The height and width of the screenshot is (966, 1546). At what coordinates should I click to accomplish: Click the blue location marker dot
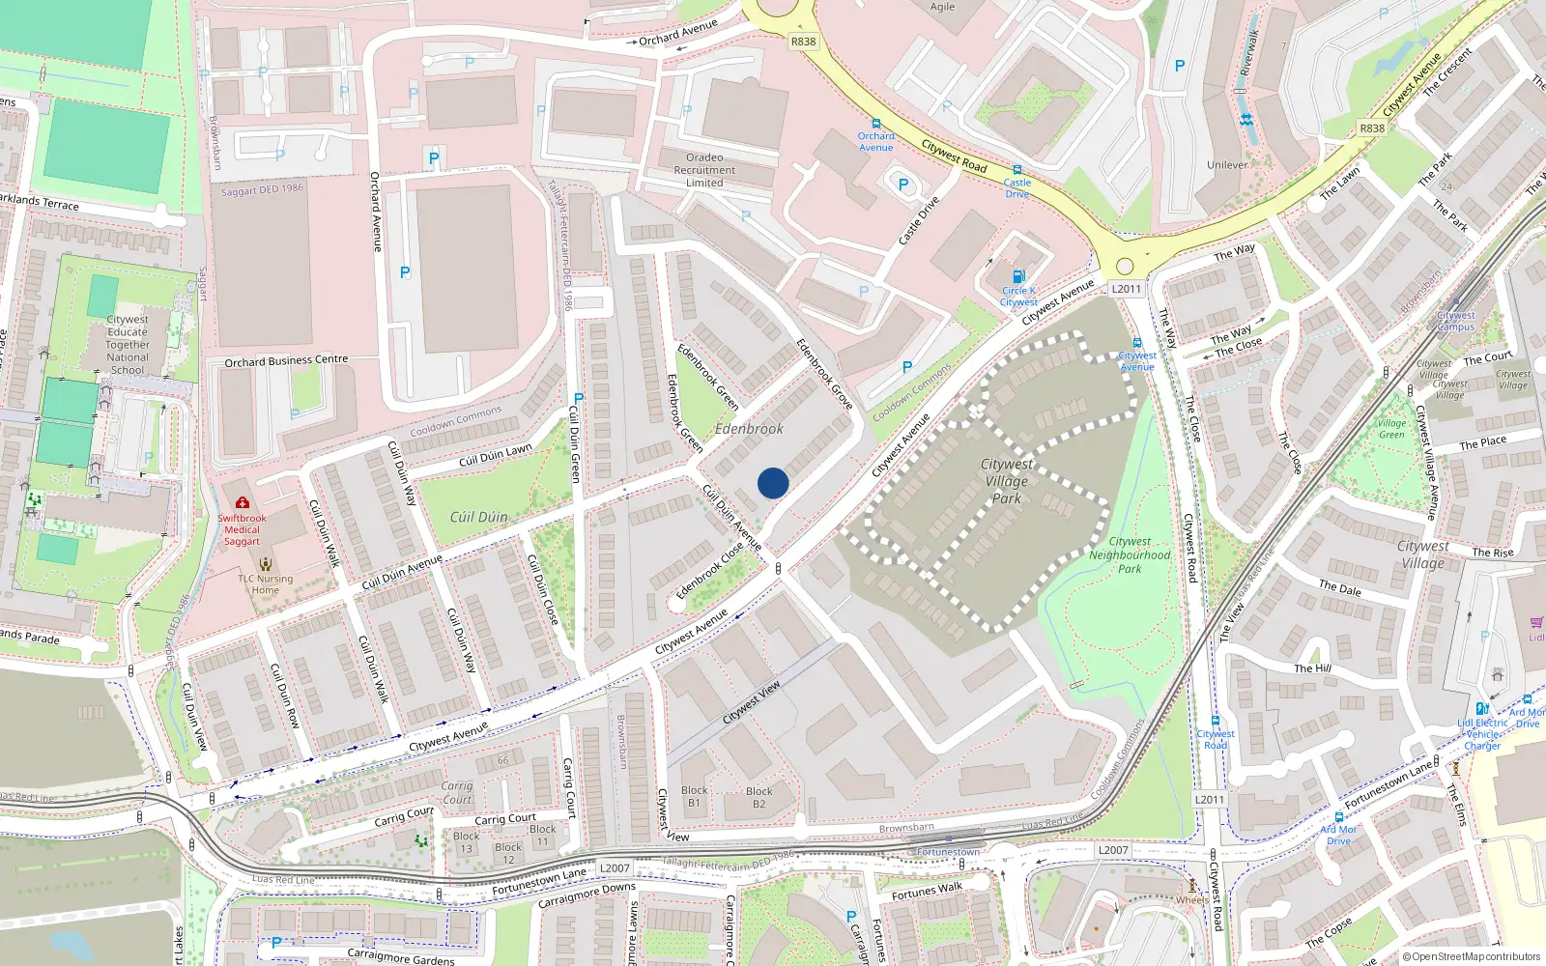tap(773, 483)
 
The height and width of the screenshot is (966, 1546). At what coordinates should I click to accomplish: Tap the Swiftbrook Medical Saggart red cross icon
tap(242, 503)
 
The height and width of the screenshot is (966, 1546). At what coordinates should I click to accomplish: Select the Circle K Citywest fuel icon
tap(1018, 277)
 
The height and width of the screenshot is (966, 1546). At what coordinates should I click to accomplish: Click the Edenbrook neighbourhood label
tap(749, 428)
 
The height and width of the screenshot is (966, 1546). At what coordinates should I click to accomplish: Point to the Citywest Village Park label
tap(1007, 481)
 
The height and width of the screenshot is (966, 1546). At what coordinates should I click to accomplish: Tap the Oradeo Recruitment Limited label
tap(704, 170)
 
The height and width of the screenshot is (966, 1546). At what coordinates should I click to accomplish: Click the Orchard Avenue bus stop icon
tap(875, 124)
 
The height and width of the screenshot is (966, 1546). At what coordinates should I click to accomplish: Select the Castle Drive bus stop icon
tap(1016, 170)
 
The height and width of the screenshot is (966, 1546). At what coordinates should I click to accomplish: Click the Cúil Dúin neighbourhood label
tap(478, 517)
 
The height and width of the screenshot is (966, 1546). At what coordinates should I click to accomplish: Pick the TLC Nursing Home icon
tap(266, 564)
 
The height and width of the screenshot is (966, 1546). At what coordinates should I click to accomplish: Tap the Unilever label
tap(1227, 165)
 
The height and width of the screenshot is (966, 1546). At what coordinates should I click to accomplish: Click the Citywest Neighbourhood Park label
tap(1130, 555)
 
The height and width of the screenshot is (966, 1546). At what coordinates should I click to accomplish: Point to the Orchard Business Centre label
tap(286, 361)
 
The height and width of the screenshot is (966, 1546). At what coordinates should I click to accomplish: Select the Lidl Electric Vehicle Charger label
tap(1483, 734)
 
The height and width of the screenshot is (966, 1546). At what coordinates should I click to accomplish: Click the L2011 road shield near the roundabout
tap(1127, 289)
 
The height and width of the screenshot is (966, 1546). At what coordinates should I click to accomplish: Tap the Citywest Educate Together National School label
tap(128, 345)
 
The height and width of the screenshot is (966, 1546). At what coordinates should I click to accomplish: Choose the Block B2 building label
tap(759, 797)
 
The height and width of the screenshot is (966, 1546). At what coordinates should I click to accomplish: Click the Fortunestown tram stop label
tap(948, 852)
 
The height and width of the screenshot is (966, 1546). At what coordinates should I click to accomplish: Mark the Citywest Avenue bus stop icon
tap(1136, 343)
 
